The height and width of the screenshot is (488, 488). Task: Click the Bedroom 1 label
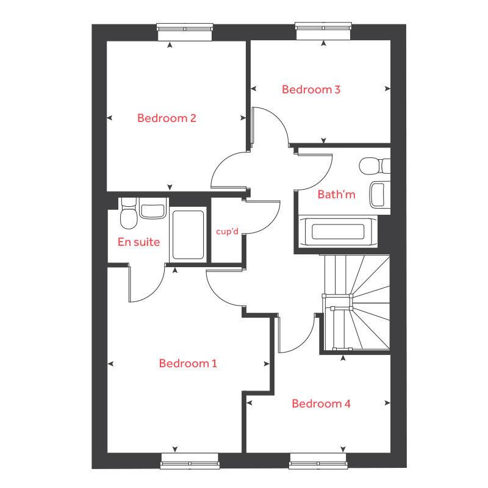coord(188,364)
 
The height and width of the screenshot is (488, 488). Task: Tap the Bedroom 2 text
coord(166,118)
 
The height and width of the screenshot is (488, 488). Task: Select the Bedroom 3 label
coord(310,90)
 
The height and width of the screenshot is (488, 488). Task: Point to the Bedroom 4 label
coord(321,404)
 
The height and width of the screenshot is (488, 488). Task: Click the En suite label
coord(138,242)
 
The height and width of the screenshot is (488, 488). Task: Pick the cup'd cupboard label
coord(226,232)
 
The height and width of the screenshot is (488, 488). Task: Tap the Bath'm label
coord(336,195)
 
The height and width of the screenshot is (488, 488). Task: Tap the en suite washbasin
coord(152,209)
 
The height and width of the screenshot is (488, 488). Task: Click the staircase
coord(357,302)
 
